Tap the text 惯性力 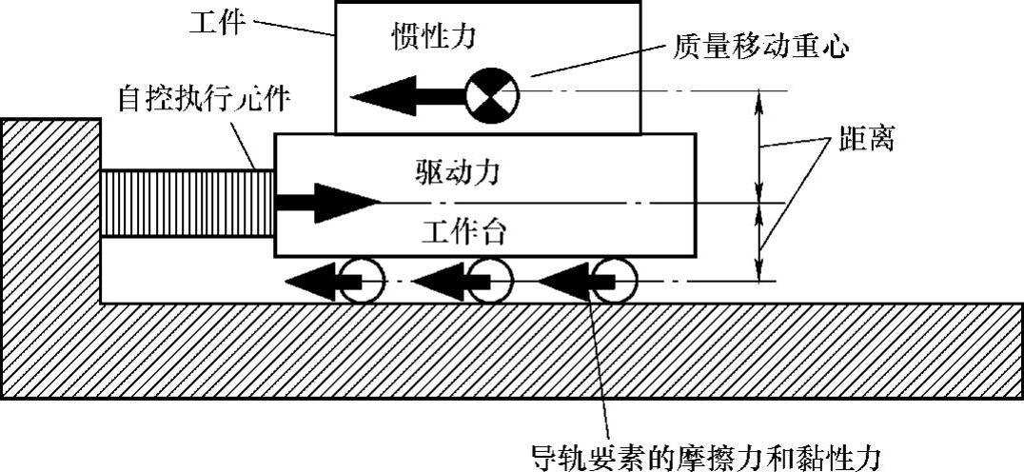pos(432,37)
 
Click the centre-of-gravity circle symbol pos(492,93)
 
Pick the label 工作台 pos(458,231)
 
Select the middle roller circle pos(490,281)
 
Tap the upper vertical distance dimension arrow pos(759,147)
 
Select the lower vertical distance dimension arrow pos(759,242)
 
